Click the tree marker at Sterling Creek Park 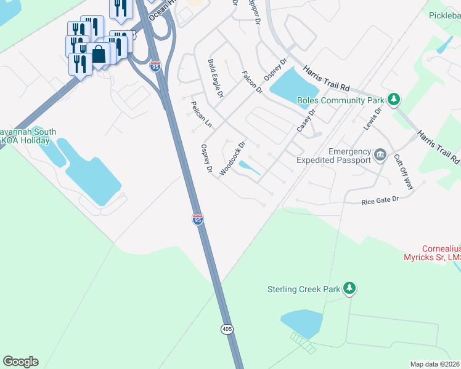tap(350, 287)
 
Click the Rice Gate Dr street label tap(380, 200)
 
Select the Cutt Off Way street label tap(404, 172)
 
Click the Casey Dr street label tap(306, 121)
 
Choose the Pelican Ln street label tap(201, 114)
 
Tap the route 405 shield tap(227, 330)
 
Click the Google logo tap(20, 362)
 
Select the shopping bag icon tap(99, 54)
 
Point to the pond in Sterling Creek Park tap(301, 322)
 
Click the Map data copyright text tap(434, 364)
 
